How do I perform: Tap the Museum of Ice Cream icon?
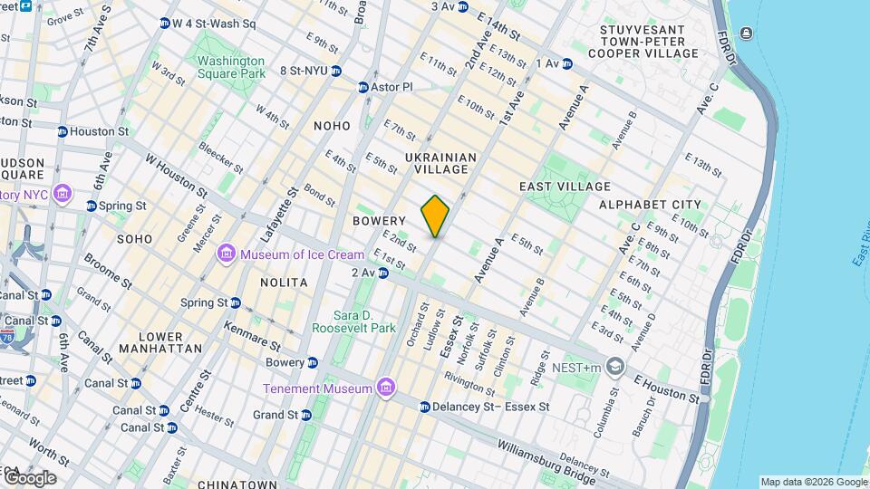tap(227, 254)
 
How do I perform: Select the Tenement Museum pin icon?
tap(386, 388)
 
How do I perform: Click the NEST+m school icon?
tap(616, 367)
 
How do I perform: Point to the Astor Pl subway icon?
tap(362, 87)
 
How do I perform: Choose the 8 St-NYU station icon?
tap(336, 71)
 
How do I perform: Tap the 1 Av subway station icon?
tap(567, 63)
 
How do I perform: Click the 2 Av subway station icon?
tap(383, 273)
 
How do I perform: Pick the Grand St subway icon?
tap(306, 415)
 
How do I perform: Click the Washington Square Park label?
tap(231, 67)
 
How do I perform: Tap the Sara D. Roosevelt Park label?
tap(353, 321)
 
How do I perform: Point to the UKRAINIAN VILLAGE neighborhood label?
tap(437, 163)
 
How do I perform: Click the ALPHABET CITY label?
tap(650, 206)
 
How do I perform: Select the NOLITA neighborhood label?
tap(284, 283)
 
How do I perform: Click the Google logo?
tap(30, 477)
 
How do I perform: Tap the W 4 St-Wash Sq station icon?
tap(164, 24)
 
